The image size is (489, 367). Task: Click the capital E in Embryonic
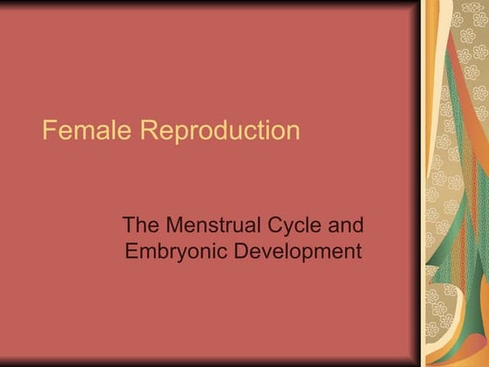click(x=131, y=252)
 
